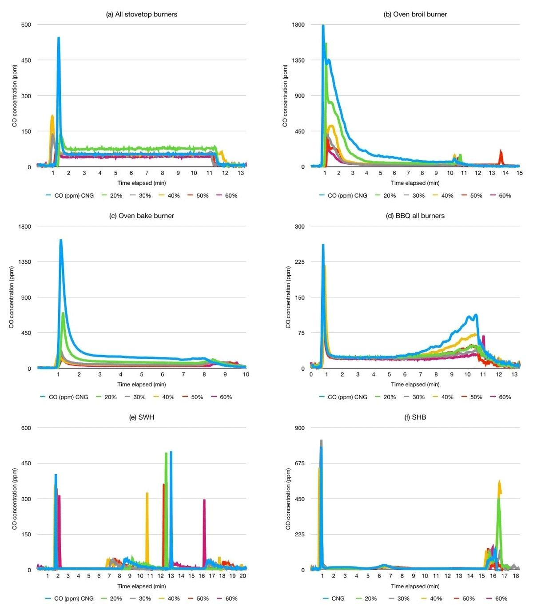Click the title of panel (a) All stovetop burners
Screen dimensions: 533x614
pyautogui.click(x=141, y=14)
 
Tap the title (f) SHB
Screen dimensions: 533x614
pyautogui.click(x=415, y=417)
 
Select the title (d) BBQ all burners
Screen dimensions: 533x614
pyautogui.click(x=415, y=216)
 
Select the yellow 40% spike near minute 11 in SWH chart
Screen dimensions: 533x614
pyautogui.click(x=147, y=493)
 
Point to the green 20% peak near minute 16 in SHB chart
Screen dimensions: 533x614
pyautogui.click(x=498, y=499)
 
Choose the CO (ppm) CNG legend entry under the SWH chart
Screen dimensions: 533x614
pyautogui.click(x=70, y=598)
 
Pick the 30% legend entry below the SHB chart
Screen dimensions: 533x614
pyautogui.click(x=399, y=598)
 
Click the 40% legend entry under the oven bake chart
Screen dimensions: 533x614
pyautogui.click(x=164, y=397)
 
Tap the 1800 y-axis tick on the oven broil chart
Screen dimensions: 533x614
pyautogui.click(x=298, y=24)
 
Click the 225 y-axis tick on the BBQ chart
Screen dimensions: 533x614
pyautogui.click(x=299, y=261)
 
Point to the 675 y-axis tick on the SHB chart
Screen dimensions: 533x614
pyautogui.click(x=299, y=463)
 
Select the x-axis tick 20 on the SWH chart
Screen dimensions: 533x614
pyautogui.click(x=243, y=575)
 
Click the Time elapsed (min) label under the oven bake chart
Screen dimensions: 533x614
pyautogui.click(x=141, y=384)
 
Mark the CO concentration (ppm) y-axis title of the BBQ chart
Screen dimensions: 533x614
pyautogui.click(x=288, y=297)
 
